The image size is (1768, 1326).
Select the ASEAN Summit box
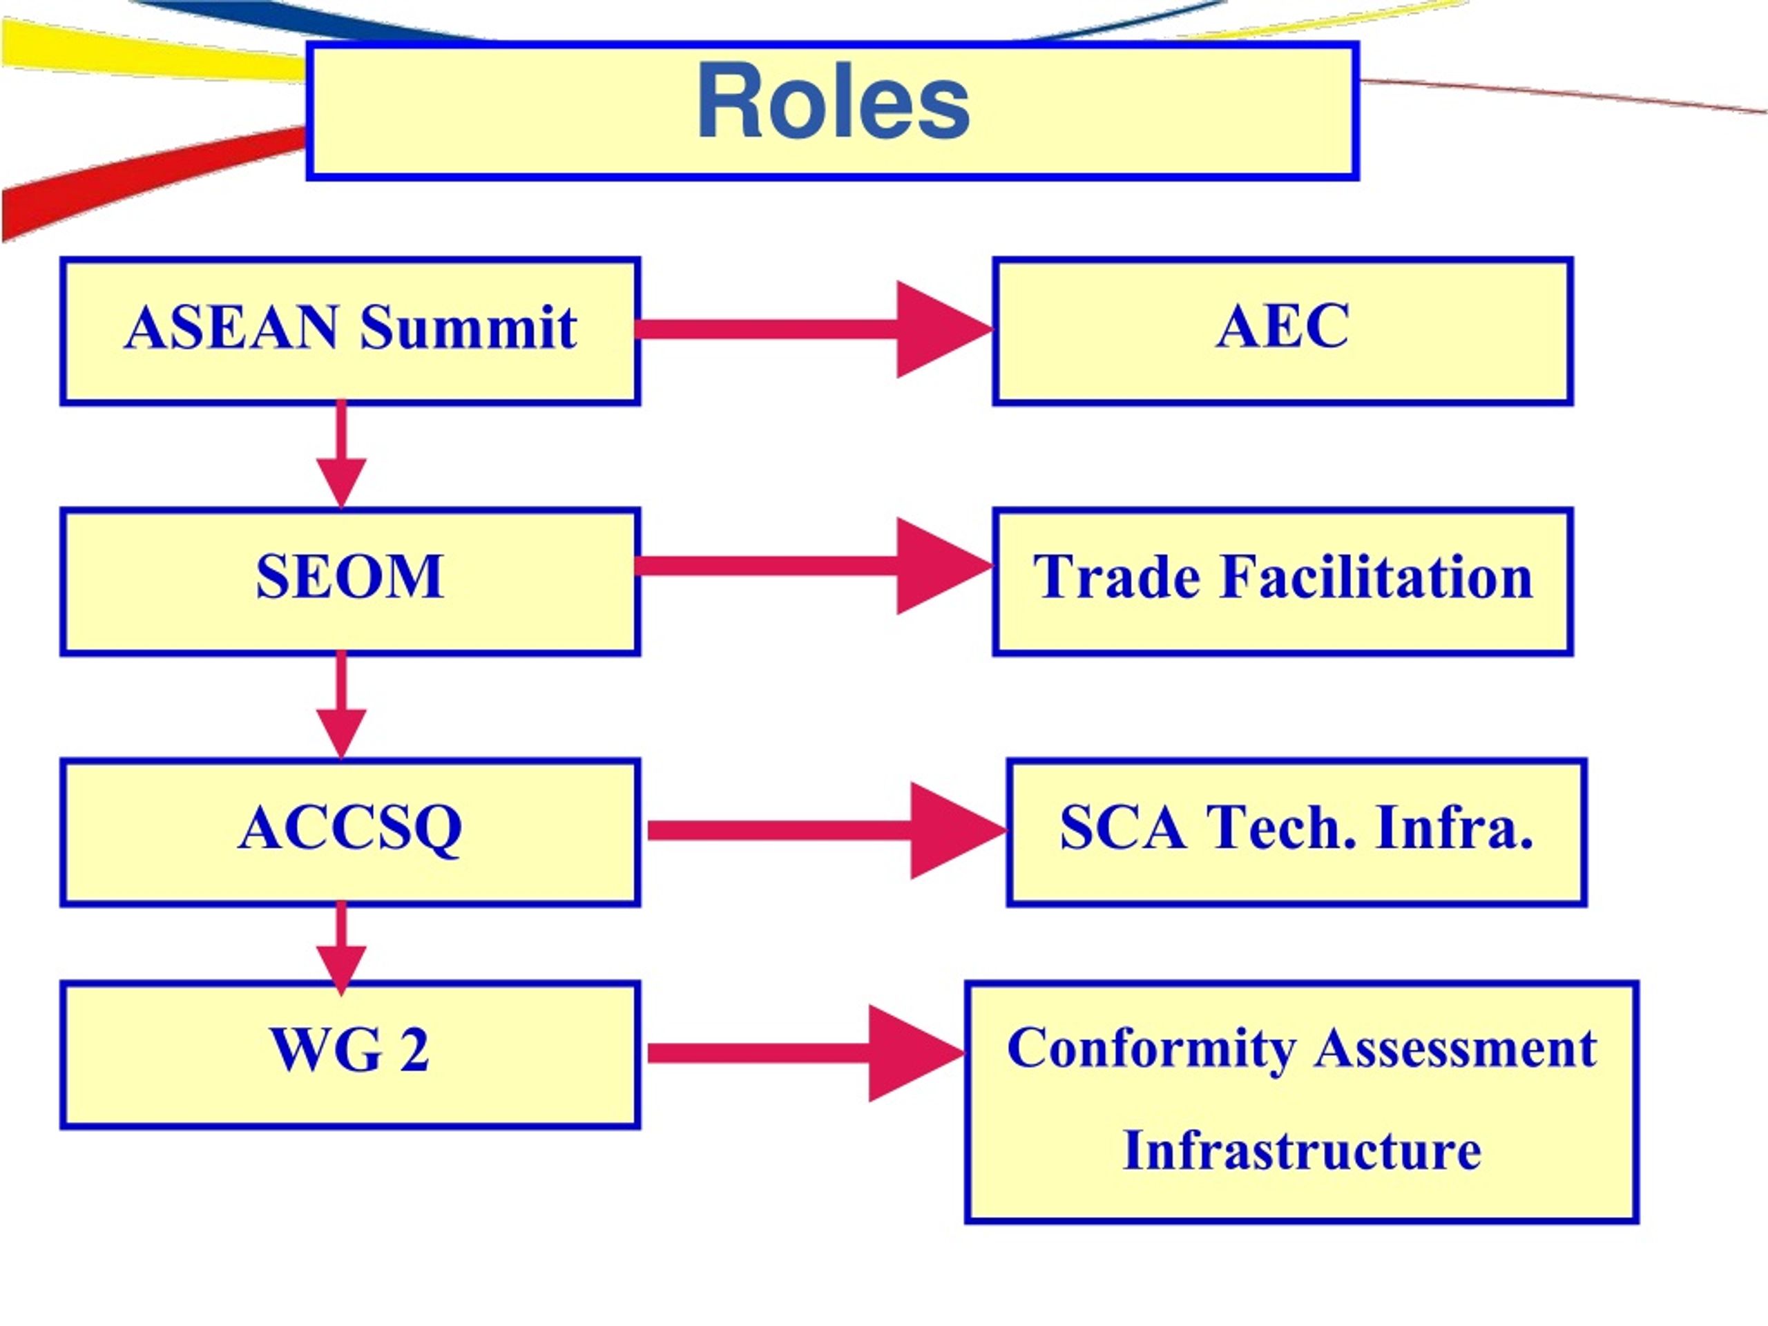(x=350, y=331)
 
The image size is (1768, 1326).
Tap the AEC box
(x=1283, y=331)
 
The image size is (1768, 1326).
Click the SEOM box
(x=350, y=581)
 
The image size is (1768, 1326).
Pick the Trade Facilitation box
(x=1283, y=581)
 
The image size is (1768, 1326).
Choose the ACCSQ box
(x=350, y=832)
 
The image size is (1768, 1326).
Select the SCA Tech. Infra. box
(x=1296, y=832)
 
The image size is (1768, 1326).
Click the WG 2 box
(x=350, y=1055)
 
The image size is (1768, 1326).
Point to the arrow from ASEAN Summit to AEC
(x=814, y=329)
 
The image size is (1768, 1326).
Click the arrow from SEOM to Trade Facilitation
(x=814, y=566)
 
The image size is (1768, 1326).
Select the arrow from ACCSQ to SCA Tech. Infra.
(x=827, y=830)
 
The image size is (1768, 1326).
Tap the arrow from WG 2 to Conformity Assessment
(x=807, y=1053)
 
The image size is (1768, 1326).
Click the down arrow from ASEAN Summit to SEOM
(x=341, y=454)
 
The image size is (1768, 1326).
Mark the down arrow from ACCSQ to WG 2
(x=341, y=949)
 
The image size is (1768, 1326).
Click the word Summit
(x=468, y=328)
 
